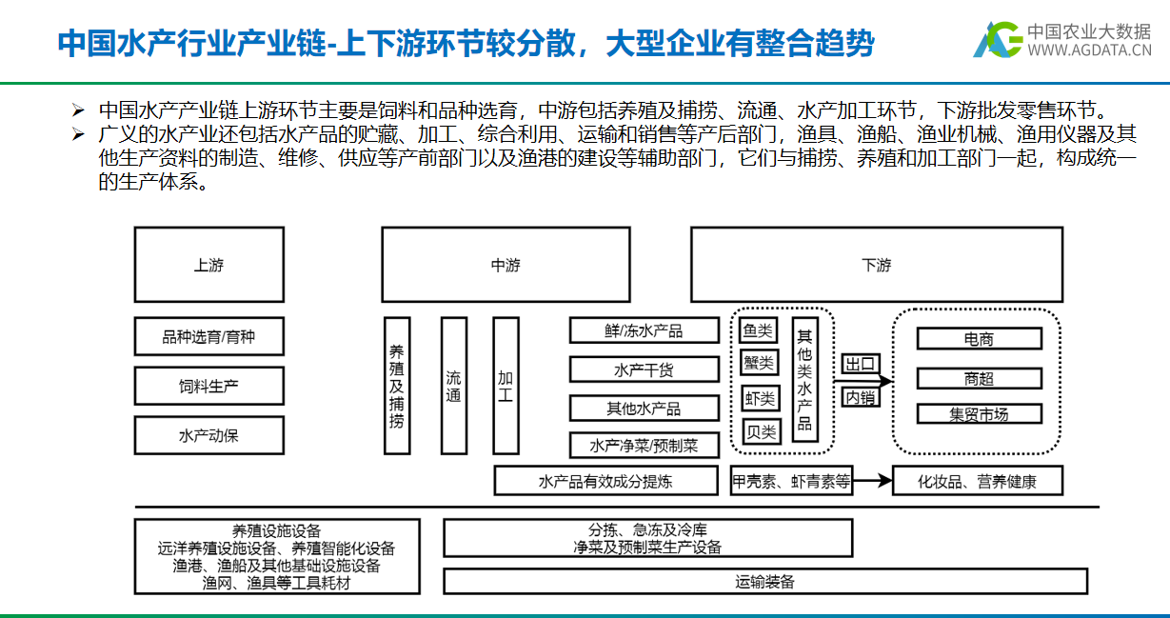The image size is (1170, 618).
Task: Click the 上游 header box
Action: pos(208,266)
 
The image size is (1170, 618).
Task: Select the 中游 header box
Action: pos(505,266)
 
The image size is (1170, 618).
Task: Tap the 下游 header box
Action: pos(876,266)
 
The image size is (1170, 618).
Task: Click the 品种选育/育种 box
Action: pos(208,336)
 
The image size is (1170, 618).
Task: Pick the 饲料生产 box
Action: pos(208,387)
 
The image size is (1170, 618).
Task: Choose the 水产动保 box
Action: pos(208,436)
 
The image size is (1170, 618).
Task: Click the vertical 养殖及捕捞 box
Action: pos(397,385)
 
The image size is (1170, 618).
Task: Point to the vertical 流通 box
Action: pos(454,385)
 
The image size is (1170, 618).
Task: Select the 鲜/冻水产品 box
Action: pos(643,330)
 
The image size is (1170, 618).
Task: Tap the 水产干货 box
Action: pos(643,369)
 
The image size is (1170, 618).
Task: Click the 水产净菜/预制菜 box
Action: pos(643,445)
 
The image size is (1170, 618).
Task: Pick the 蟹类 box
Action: pos(759,363)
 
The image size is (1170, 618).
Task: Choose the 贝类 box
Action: pos(759,431)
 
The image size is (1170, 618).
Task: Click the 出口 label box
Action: pos(860,364)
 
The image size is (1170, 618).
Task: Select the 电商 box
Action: pos(979,338)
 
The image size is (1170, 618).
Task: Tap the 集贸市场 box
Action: pos(979,414)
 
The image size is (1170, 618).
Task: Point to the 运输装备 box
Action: pos(764,581)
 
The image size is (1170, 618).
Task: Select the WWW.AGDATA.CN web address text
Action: pos(1089,50)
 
